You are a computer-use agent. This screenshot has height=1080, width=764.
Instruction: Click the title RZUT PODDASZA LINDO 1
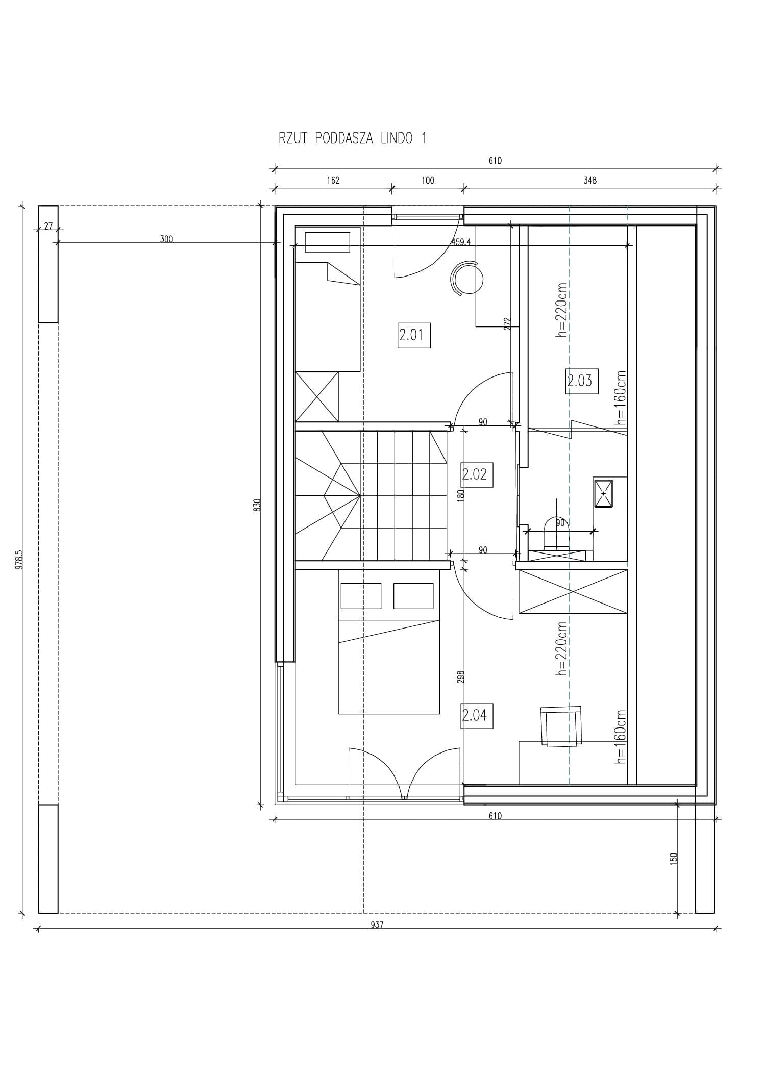click(352, 138)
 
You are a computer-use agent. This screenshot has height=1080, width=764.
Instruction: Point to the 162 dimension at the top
click(333, 180)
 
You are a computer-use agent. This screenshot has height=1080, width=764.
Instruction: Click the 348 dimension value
click(590, 180)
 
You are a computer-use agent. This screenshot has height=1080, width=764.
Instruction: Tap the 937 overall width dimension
click(377, 924)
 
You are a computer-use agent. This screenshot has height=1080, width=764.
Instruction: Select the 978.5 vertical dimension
click(19, 559)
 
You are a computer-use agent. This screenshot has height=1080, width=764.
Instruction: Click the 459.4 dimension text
click(461, 242)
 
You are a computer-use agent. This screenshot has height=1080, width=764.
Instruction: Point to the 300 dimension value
click(166, 239)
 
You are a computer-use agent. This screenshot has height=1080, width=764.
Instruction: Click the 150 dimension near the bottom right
click(674, 858)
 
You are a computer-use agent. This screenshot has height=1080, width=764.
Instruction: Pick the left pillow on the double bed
click(361, 596)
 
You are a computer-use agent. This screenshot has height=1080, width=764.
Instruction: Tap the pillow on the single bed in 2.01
click(328, 242)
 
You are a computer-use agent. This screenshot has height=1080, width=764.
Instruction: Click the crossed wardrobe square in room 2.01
click(317, 396)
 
